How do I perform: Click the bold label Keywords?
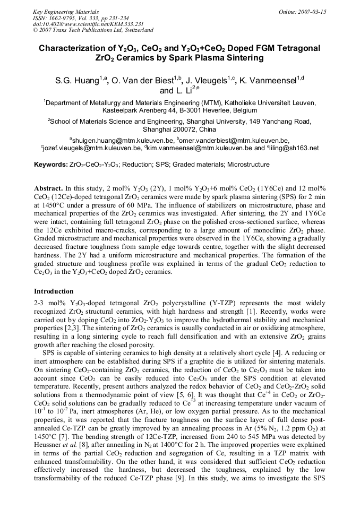pyautogui.click(x=51, y=165)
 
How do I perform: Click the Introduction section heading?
pyautogui.click(x=54, y=291)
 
